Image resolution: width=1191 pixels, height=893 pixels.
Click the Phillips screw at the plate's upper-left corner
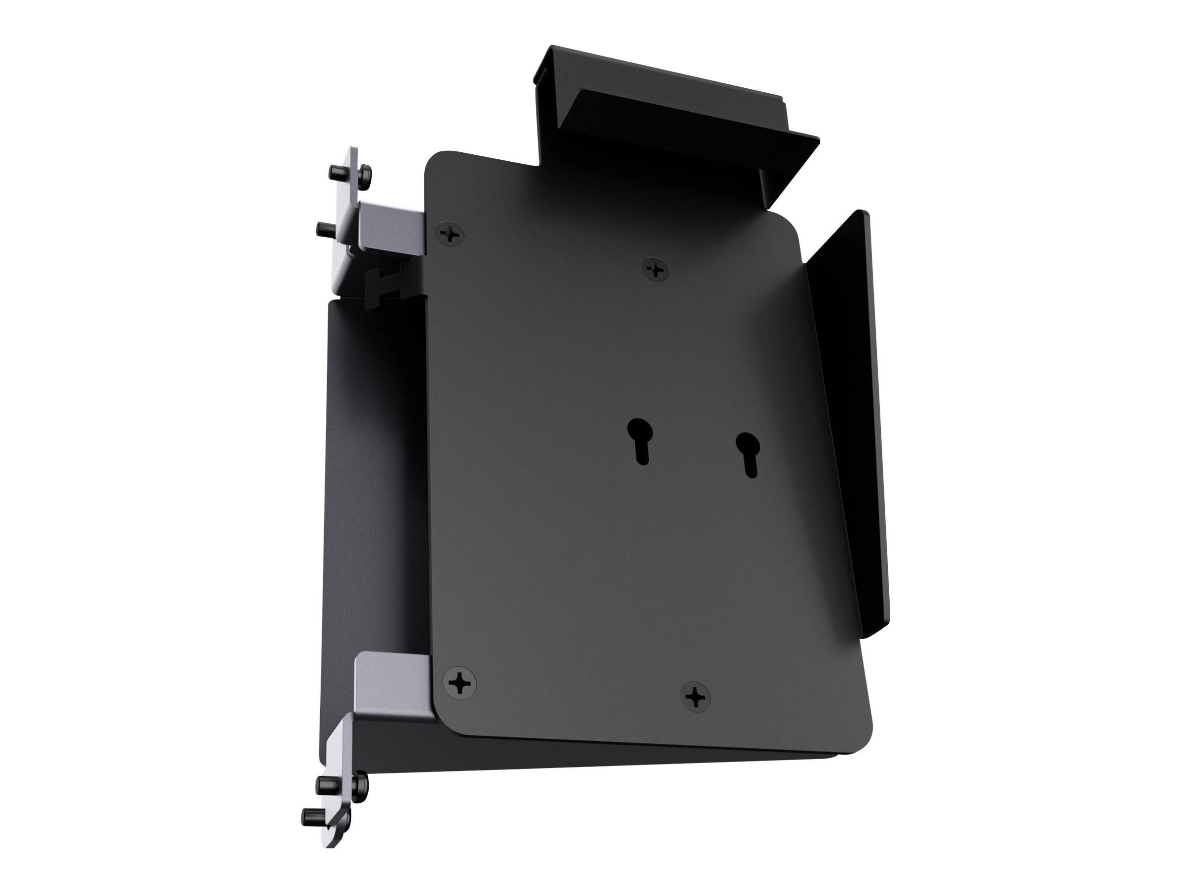tap(451, 234)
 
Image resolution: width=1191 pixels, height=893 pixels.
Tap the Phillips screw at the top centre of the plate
tap(656, 267)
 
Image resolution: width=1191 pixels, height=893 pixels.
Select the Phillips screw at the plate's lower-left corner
tap(460, 683)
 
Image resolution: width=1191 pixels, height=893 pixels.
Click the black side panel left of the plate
tap(372, 484)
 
